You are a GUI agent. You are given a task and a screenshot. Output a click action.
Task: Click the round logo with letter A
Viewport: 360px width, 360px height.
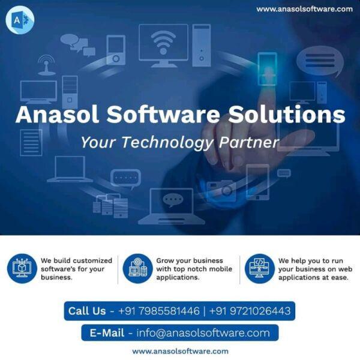pyautogui.click(x=20, y=20)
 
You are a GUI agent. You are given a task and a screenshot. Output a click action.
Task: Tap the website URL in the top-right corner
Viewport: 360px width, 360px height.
pyautogui.click(x=304, y=9)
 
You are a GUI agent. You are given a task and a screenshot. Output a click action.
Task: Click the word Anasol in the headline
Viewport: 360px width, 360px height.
pyautogui.click(x=58, y=115)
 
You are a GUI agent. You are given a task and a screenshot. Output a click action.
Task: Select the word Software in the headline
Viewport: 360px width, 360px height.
pyautogui.click(x=163, y=115)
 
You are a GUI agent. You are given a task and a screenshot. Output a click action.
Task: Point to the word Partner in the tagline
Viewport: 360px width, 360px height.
pyautogui.click(x=249, y=142)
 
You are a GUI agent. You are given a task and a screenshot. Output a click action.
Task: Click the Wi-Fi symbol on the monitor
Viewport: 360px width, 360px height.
pyautogui.click(x=163, y=43)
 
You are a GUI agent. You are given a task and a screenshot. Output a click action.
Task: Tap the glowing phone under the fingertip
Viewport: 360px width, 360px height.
pyautogui.click(x=267, y=69)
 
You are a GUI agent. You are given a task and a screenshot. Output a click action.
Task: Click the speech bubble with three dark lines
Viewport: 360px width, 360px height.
pyautogui.click(x=320, y=61)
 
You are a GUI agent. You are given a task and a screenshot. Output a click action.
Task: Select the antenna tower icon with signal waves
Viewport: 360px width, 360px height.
pyautogui.click(x=47, y=65)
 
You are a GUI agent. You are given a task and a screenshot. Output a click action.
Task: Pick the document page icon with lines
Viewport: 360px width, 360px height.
pyautogui.click(x=31, y=143)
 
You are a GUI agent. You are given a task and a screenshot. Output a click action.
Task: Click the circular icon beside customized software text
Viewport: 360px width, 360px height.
pyautogui.click(x=22, y=268)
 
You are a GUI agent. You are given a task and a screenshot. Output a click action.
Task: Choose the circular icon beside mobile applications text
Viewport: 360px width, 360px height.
pyautogui.click(x=137, y=268)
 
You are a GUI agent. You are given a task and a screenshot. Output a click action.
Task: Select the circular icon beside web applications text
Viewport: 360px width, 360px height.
pyautogui.click(x=260, y=268)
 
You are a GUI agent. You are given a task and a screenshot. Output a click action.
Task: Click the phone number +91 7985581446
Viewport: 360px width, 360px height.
pyautogui.click(x=159, y=311)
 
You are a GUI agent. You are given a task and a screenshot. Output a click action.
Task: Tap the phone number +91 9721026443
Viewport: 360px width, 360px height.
pyautogui.click(x=250, y=311)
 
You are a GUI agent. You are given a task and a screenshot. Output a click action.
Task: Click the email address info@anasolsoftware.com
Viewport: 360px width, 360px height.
pyautogui.click(x=203, y=333)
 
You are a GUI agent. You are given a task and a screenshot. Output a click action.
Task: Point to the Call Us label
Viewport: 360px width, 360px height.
pyautogui.click(x=87, y=311)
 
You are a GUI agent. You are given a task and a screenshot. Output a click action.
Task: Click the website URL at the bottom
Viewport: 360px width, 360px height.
pyautogui.click(x=180, y=351)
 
